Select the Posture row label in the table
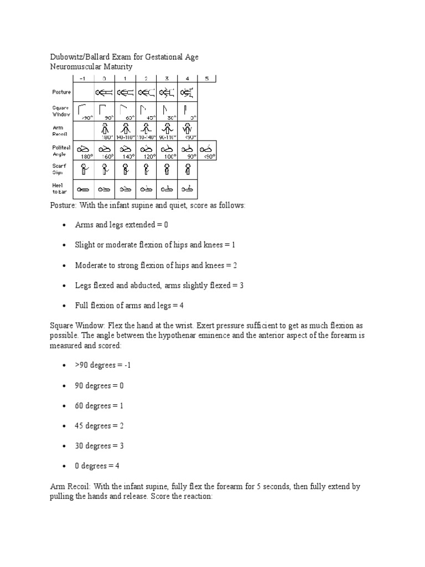(x=61, y=92)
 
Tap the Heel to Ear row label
(x=59, y=188)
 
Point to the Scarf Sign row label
(x=59, y=168)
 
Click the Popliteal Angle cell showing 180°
(x=84, y=150)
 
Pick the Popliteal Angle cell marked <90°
(x=207, y=150)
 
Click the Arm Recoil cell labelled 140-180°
(x=125, y=130)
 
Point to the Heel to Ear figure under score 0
(x=104, y=189)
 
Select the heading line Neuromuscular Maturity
(x=91, y=66)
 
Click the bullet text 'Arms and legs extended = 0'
(x=121, y=225)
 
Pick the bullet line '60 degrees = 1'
(x=99, y=406)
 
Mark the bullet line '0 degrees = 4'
(x=97, y=466)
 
